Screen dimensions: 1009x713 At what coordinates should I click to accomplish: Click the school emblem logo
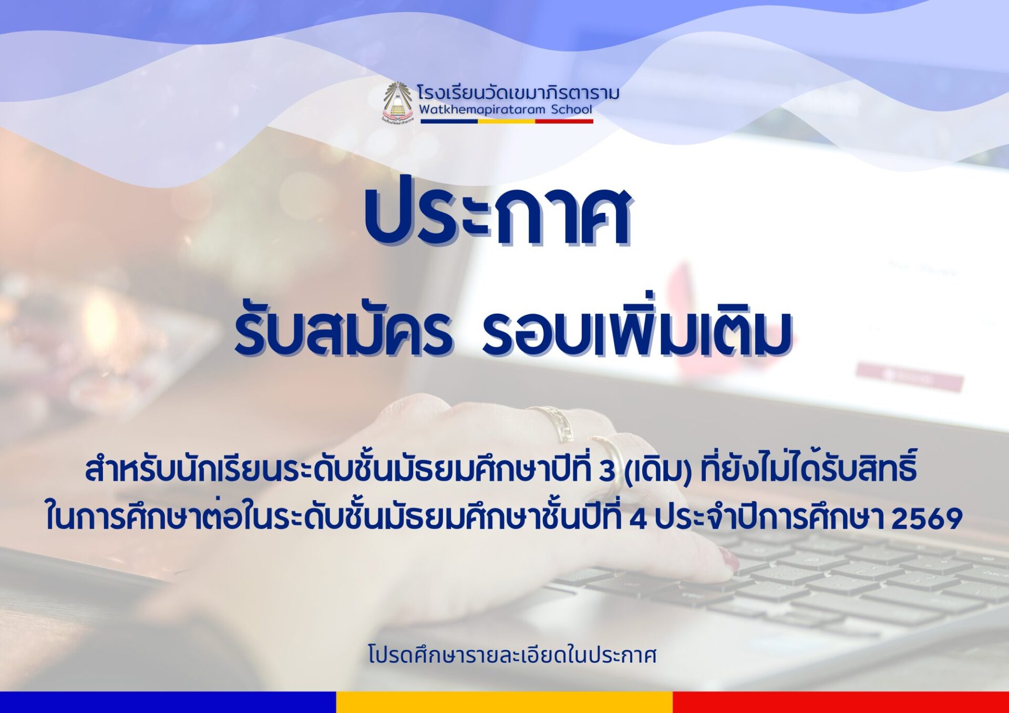(397, 102)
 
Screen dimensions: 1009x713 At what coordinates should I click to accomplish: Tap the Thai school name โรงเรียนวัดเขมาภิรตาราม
(519, 93)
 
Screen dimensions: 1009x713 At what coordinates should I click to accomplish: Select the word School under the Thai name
(572, 109)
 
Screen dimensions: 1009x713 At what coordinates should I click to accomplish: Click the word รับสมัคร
(343, 332)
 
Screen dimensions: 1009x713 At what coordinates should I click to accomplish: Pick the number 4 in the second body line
(638, 519)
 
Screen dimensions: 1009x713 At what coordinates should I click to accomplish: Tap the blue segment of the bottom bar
(168, 702)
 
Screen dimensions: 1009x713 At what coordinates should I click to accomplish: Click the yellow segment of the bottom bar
(504, 702)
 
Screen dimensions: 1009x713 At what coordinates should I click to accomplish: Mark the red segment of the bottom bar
(841, 702)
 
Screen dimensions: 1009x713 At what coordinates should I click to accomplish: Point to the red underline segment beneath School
(564, 121)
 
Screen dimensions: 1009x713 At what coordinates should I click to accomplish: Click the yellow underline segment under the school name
(506, 121)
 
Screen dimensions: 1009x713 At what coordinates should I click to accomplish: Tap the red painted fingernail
(730, 559)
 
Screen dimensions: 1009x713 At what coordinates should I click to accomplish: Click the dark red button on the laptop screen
(910, 376)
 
